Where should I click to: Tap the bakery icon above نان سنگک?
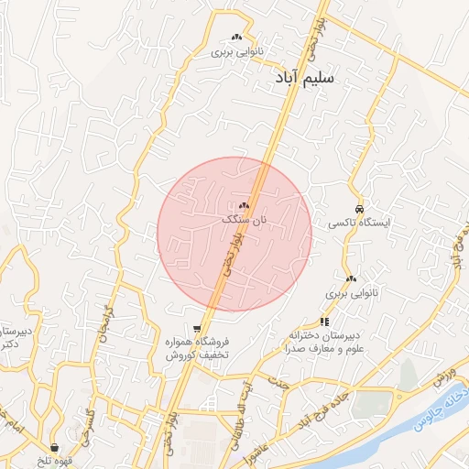(x=244, y=206)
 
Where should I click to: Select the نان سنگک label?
(x=245, y=221)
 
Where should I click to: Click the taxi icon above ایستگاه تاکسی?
(x=360, y=207)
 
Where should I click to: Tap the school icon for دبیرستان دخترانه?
(x=324, y=321)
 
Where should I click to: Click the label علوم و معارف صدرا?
(x=325, y=349)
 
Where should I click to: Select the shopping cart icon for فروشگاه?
(x=197, y=328)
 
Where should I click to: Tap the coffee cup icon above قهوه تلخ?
(x=57, y=447)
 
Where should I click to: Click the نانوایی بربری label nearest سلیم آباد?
(x=236, y=52)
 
